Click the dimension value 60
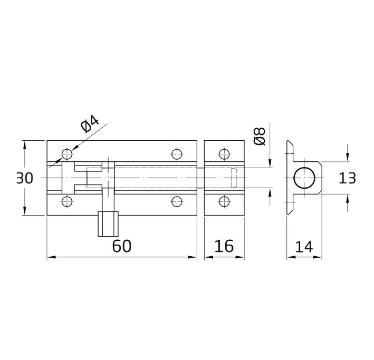click(121, 246)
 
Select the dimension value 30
click(24, 178)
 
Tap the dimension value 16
click(224, 246)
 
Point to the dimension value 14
click(304, 246)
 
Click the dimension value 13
click(347, 178)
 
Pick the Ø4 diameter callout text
click(90, 125)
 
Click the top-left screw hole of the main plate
click(67, 154)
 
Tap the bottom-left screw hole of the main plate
click(67, 201)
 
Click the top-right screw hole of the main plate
click(177, 154)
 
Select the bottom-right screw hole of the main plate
click(177, 201)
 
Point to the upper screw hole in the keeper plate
click(224, 154)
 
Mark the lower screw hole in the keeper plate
click(224, 201)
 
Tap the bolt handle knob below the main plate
click(108, 224)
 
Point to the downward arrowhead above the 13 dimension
click(347, 158)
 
